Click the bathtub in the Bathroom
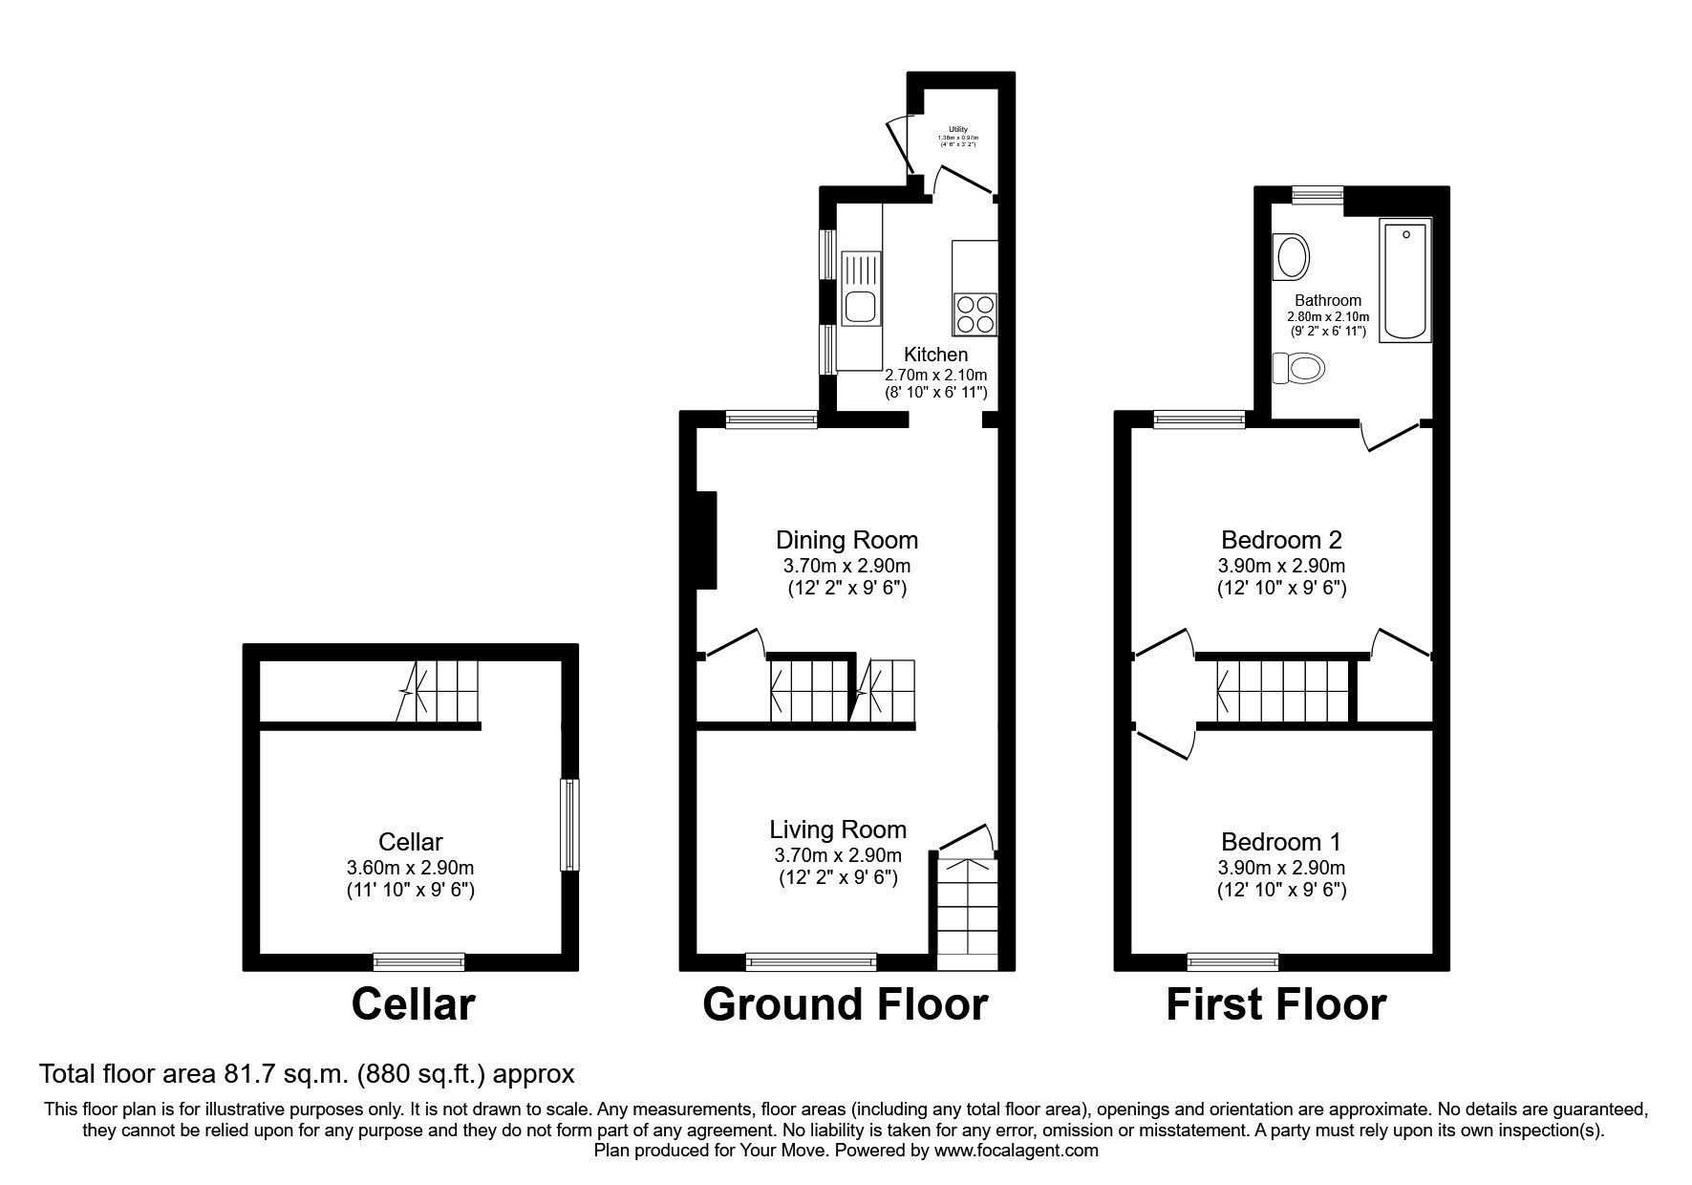click(x=1406, y=278)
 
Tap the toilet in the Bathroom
click(x=1299, y=367)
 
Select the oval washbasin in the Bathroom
click(x=1294, y=257)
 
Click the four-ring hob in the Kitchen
click(x=975, y=313)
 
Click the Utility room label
click(x=957, y=129)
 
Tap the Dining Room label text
click(x=846, y=540)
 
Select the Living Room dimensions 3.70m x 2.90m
click(x=838, y=855)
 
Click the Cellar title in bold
click(x=413, y=1004)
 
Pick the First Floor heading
click(x=1275, y=1004)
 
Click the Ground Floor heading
click(x=845, y=1004)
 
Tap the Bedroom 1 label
click(x=1280, y=842)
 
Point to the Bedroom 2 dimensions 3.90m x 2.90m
click(x=1281, y=566)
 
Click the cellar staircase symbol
click(x=439, y=692)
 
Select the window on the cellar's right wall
click(x=569, y=825)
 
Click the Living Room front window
click(x=810, y=961)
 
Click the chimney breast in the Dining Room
click(x=705, y=540)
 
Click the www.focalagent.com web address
click(x=1017, y=1151)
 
